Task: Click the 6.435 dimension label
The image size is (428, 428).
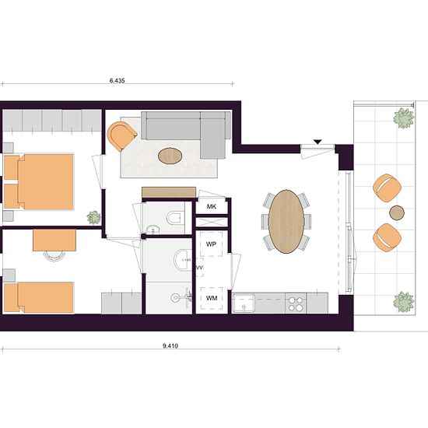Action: click(117, 80)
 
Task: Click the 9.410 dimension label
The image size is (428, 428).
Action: click(170, 346)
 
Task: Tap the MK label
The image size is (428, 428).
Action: click(212, 207)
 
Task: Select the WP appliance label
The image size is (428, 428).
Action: click(211, 244)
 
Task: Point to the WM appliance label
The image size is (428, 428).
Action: click(212, 298)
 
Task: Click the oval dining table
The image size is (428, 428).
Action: click(286, 221)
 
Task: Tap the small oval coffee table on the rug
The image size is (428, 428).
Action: click(170, 156)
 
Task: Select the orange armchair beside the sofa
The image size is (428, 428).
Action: click(121, 136)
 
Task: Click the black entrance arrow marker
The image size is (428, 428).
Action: click(317, 142)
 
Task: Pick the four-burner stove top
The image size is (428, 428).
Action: click(296, 303)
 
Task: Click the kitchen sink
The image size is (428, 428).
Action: click(244, 303)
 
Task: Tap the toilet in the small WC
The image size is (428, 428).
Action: click(174, 218)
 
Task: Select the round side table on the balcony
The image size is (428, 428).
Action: click(397, 212)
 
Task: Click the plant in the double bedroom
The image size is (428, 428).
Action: click(94, 218)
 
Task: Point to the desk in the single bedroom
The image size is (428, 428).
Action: click(54, 240)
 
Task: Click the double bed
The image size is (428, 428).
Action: click(39, 182)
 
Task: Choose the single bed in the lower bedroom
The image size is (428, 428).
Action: click(39, 297)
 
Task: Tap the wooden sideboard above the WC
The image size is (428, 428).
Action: click(169, 192)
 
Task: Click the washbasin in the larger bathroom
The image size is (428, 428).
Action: click(183, 260)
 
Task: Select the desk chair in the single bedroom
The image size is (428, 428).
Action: click(54, 256)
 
